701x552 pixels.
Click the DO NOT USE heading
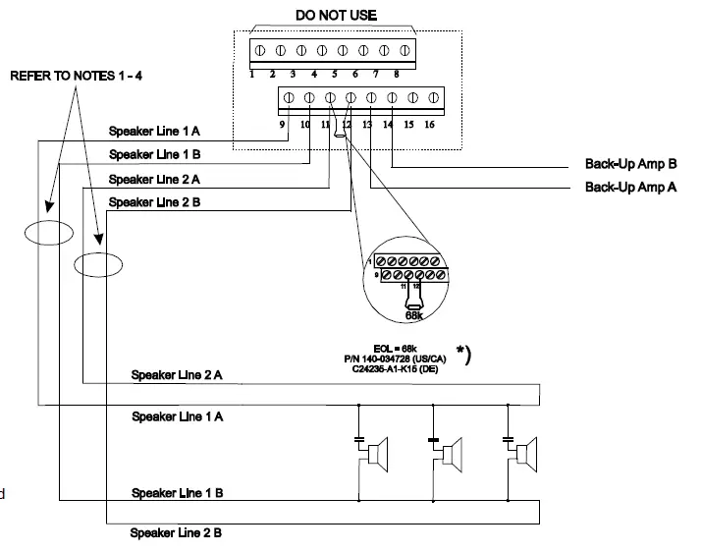[x=336, y=15]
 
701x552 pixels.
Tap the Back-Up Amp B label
[x=630, y=165]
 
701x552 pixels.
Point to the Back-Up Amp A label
[x=630, y=186]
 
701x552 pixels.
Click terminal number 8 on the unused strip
[x=396, y=73]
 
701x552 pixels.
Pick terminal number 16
[x=429, y=125]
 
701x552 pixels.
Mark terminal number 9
[x=281, y=125]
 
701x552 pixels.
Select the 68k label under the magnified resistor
[x=413, y=316]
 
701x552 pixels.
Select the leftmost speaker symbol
[x=374, y=455]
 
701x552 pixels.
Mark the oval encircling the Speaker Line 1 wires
[x=49, y=232]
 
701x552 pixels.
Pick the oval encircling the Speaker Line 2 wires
[x=99, y=264]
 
